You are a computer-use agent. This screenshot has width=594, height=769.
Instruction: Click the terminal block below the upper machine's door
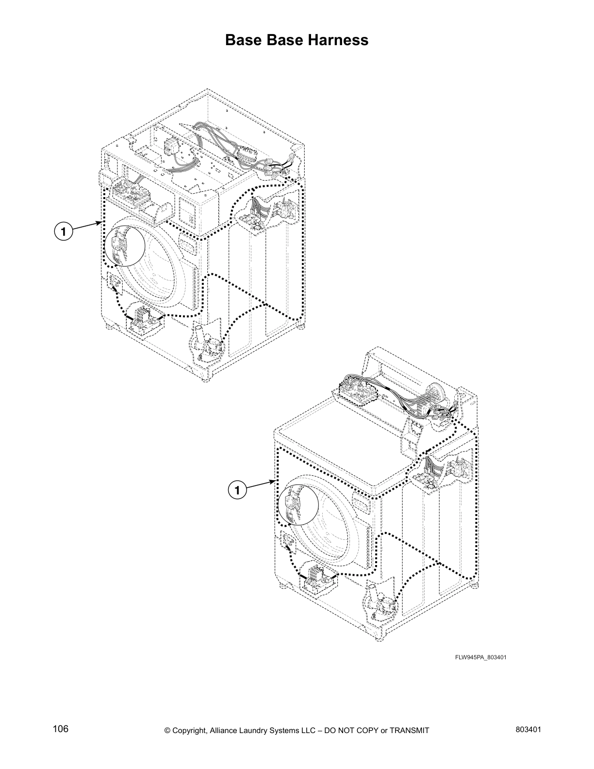pos(142,318)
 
